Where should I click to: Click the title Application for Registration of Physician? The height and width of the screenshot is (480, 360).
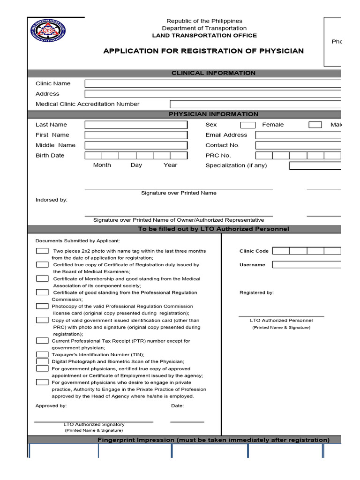(203, 51)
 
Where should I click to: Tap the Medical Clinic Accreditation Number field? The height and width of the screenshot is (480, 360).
(255, 104)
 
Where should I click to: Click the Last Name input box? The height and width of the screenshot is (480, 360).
(136, 125)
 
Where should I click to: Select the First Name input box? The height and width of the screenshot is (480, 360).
(136, 135)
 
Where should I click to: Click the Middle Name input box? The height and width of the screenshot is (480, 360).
(136, 145)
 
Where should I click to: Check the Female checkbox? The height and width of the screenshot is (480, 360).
(247, 125)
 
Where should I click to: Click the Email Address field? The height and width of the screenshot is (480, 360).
(298, 135)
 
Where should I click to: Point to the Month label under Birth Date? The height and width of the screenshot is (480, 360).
(102, 165)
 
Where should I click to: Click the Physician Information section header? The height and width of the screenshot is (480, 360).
(213, 114)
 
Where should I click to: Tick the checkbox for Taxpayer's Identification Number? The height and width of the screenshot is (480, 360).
(42, 354)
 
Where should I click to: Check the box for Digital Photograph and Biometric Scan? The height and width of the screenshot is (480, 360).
(42, 361)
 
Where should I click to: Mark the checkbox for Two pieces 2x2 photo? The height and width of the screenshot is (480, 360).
(42, 251)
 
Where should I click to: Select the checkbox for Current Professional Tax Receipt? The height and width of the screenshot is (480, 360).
(42, 341)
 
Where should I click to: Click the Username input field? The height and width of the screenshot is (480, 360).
(307, 264)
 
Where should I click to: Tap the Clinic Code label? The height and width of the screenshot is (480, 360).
(254, 251)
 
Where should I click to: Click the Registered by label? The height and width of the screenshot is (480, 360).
(256, 292)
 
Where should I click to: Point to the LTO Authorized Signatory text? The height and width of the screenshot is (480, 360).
(94, 424)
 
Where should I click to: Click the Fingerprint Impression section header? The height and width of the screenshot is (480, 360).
(213, 440)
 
